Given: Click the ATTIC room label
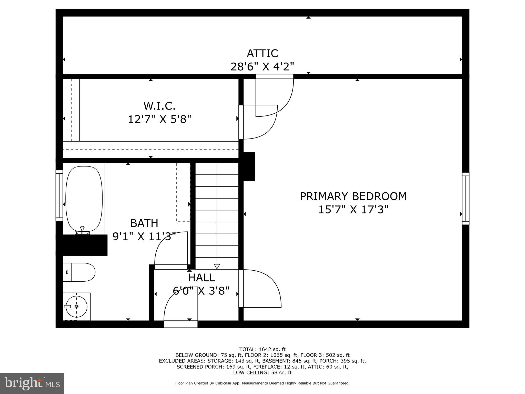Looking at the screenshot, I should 262,53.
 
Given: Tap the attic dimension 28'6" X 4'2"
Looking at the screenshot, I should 262,67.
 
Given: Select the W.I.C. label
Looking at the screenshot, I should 159,106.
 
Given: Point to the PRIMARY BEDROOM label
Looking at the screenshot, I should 353,196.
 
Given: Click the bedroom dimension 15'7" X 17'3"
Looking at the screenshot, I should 353,210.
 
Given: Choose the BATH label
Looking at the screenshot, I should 144,223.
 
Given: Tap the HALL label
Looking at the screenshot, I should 201,278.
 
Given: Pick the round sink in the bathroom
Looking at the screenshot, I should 77,307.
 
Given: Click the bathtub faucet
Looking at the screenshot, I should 82,229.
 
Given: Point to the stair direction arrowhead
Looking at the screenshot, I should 217,267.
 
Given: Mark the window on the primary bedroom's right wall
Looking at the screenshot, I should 466,199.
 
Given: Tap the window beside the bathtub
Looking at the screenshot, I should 59,195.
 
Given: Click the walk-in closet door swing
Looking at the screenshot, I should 259,122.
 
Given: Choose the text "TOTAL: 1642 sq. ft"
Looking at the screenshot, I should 262,349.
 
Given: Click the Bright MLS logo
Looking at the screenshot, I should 32,383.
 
